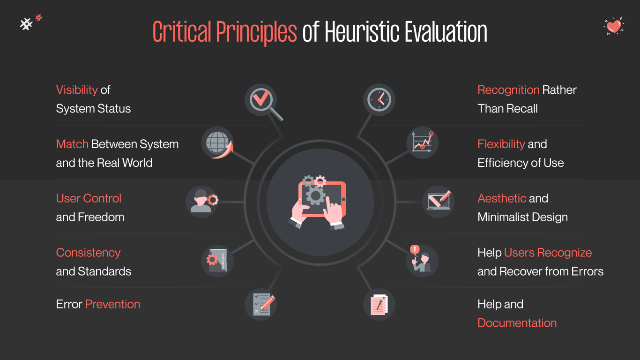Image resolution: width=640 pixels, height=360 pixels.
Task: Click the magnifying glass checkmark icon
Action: click(x=261, y=100)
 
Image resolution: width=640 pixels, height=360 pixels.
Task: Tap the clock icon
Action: click(x=379, y=100)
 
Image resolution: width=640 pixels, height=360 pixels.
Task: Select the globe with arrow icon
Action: click(x=218, y=142)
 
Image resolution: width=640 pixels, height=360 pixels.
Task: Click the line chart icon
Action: click(x=423, y=142)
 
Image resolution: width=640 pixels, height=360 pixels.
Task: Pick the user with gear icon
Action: click(x=202, y=201)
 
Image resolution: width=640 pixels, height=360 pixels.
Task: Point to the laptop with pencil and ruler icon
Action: click(x=439, y=201)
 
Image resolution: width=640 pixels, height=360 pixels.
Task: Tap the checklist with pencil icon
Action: click(x=261, y=304)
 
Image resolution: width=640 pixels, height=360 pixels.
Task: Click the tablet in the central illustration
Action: click(x=322, y=199)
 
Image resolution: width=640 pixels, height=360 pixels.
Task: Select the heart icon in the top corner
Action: click(x=613, y=26)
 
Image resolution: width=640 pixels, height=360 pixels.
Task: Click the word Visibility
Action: click(x=77, y=90)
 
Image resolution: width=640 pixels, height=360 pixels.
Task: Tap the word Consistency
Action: click(x=88, y=253)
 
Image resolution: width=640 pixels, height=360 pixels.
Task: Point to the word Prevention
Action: click(x=112, y=304)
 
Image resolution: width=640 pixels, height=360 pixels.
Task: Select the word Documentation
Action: click(x=517, y=323)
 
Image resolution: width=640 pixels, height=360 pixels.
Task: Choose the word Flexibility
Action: click(x=501, y=144)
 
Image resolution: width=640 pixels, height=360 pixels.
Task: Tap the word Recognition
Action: click(x=508, y=90)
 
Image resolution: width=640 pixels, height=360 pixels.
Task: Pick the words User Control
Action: click(x=89, y=198)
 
